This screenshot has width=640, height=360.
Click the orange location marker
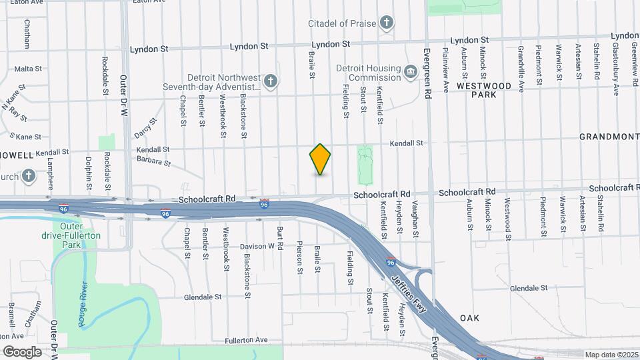(x=320, y=159)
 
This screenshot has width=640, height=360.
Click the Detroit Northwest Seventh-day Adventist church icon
(x=270, y=82)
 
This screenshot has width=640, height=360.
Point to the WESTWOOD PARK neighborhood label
(x=484, y=90)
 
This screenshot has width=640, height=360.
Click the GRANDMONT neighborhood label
(x=609, y=137)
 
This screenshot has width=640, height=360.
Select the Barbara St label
(x=153, y=161)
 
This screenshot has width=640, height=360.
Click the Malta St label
(x=28, y=69)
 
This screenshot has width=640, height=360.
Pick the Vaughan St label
(x=415, y=219)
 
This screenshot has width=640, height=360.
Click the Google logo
(x=22, y=351)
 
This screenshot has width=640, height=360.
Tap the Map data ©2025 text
(x=610, y=355)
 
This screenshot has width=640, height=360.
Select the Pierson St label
(x=300, y=257)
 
